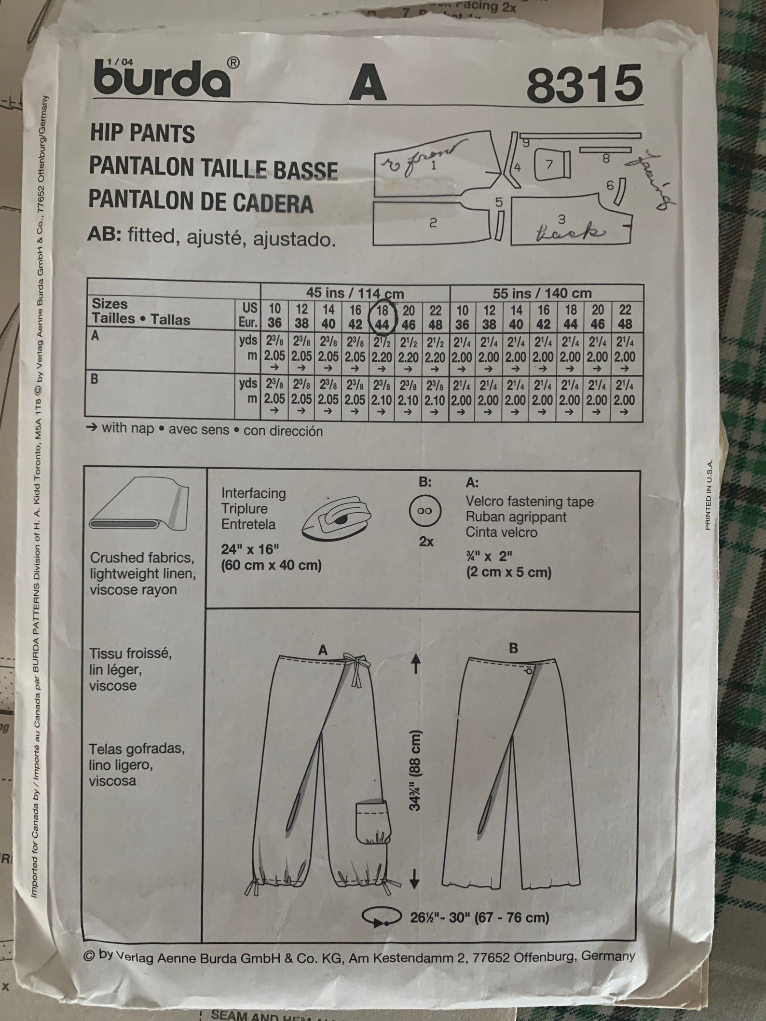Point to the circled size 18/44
[x=382, y=318]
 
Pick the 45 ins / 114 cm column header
[x=355, y=293]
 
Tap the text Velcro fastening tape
[x=529, y=502]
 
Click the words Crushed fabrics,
[x=141, y=558]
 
